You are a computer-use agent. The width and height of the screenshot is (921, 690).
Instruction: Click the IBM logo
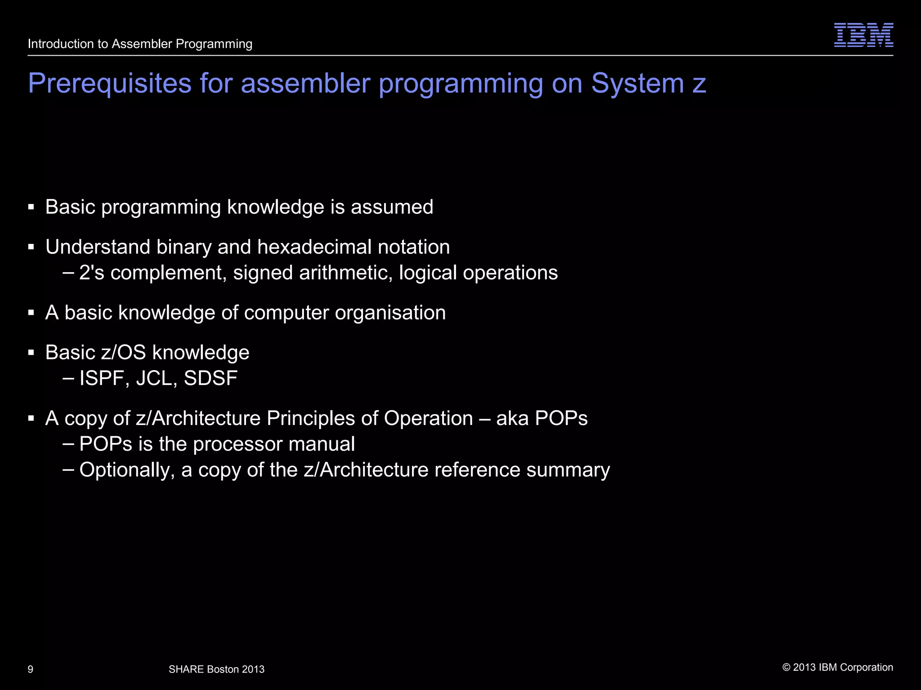pos(863,35)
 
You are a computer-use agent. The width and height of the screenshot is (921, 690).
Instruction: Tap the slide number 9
pos(31,669)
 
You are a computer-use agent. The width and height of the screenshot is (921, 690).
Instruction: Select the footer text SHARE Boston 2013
pos(216,669)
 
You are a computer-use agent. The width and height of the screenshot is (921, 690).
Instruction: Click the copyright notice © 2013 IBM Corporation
pos(838,668)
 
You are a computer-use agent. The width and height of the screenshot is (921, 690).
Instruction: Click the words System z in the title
pos(648,84)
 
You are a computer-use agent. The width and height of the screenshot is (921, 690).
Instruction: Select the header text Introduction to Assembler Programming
pos(140,44)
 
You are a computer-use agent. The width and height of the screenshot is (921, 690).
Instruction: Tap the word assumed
pos(392,207)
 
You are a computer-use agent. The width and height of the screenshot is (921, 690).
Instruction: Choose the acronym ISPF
pos(102,378)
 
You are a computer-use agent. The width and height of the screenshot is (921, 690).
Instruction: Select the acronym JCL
pos(154,378)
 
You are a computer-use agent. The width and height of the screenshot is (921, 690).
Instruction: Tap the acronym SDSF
pos(210,378)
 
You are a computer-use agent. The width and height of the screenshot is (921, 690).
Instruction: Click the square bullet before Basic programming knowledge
pos(31,208)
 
